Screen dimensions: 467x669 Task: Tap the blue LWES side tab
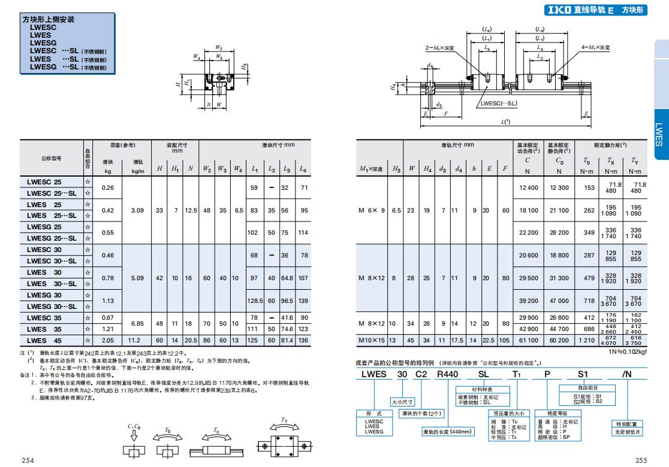[x=658, y=135]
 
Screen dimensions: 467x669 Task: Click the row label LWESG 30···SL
[x=52, y=306]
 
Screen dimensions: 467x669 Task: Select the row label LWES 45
[x=45, y=340]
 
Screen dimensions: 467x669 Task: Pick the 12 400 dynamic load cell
[x=528, y=187]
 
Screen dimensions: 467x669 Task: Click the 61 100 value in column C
[x=528, y=340]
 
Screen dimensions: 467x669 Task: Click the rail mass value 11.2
[x=138, y=340]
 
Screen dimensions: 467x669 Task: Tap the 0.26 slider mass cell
[x=108, y=187]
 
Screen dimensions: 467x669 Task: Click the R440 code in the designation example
[x=447, y=374]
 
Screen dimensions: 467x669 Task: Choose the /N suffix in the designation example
[x=626, y=374]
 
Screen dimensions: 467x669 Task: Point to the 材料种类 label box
[x=483, y=389]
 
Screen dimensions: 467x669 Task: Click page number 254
[x=28, y=460]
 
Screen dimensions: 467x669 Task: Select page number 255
[x=641, y=460]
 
